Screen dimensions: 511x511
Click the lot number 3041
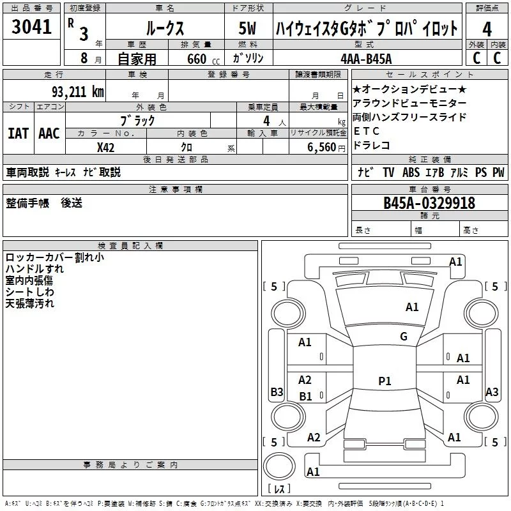pyautogui.click(x=31, y=27)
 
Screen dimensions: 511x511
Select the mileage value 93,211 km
pyautogui.click(x=77, y=92)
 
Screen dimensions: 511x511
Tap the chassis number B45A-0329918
pyautogui.click(x=429, y=203)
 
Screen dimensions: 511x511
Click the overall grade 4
pyautogui.click(x=487, y=29)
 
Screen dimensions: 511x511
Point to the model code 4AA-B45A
pyautogui.click(x=366, y=59)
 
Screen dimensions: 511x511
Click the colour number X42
pyautogui.click(x=105, y=148)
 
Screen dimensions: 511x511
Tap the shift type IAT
pyautogui.click(x=18, y=133)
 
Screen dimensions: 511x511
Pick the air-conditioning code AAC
pyautogui.click(x=49, y=133)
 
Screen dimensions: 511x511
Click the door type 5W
pyautogui.click(x=247, y=28)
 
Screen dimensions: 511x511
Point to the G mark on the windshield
pyautogui.click(x=404, y=336)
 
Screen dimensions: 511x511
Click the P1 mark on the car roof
pyautogui.click(x=385, y=381)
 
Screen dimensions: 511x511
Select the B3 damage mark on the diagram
pyautogui.click(x=277, y=392)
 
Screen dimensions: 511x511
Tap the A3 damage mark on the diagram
pyautogui.click(x=492, y=392)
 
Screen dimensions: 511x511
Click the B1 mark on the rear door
pyautogui.click(x=305, y=396)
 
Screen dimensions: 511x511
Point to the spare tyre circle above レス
pyautogui.click(x=279, y=466)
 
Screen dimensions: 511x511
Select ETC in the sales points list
pyautogui.click(x=366, y=131)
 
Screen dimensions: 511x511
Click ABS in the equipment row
pyautogui.click(x=411, y=172)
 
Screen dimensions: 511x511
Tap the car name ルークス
pyautogui.click(x=165, y=28)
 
